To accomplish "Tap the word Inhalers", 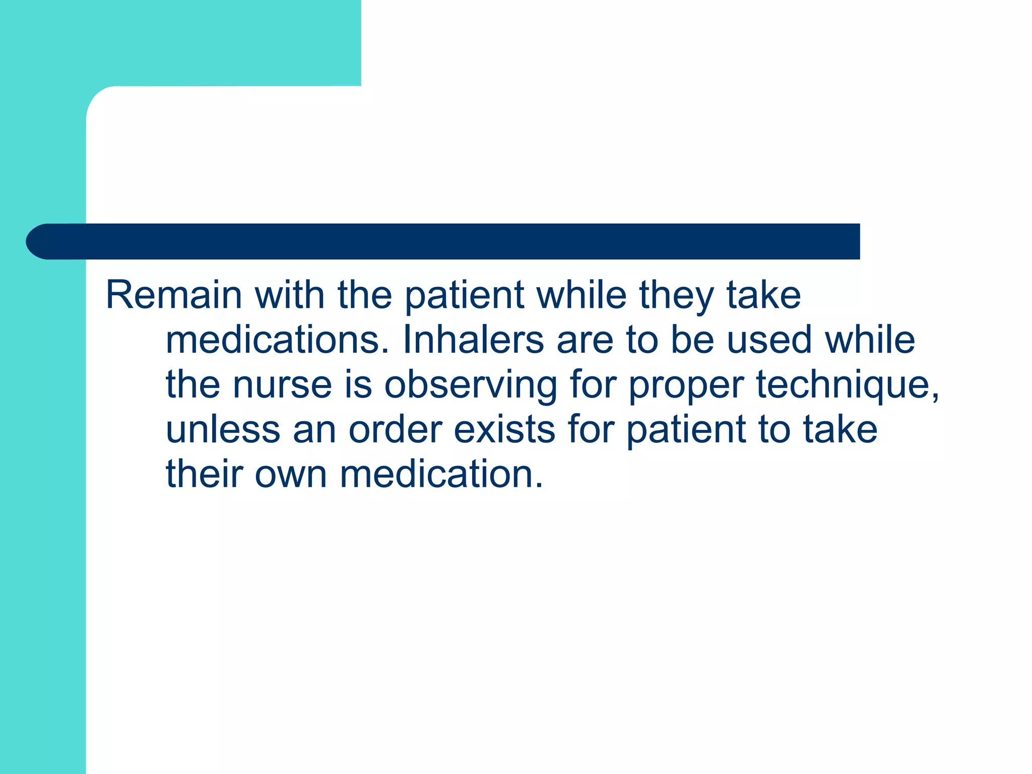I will coord(474,340).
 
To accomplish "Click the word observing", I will coord(471,385).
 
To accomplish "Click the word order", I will coord(395,430).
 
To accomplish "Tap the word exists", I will coord(504,430).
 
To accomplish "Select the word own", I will coord(291,475).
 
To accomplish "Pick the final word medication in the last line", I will coord(441,475).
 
